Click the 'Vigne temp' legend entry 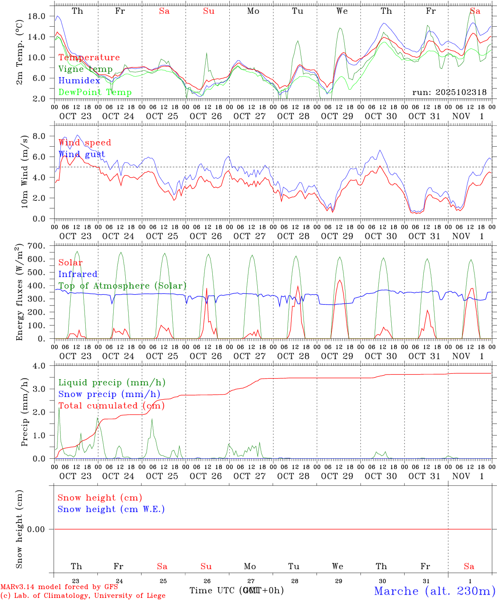85,69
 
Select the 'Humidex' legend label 79,81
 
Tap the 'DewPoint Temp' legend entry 95,92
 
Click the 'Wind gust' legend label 82,154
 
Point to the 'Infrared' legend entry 78,274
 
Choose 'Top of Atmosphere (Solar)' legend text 122,286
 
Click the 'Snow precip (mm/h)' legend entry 109,394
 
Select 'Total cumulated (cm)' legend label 111,406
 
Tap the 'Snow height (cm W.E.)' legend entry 111,509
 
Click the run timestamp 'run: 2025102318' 449,92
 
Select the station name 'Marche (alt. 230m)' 435,591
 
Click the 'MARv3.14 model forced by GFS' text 59,587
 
